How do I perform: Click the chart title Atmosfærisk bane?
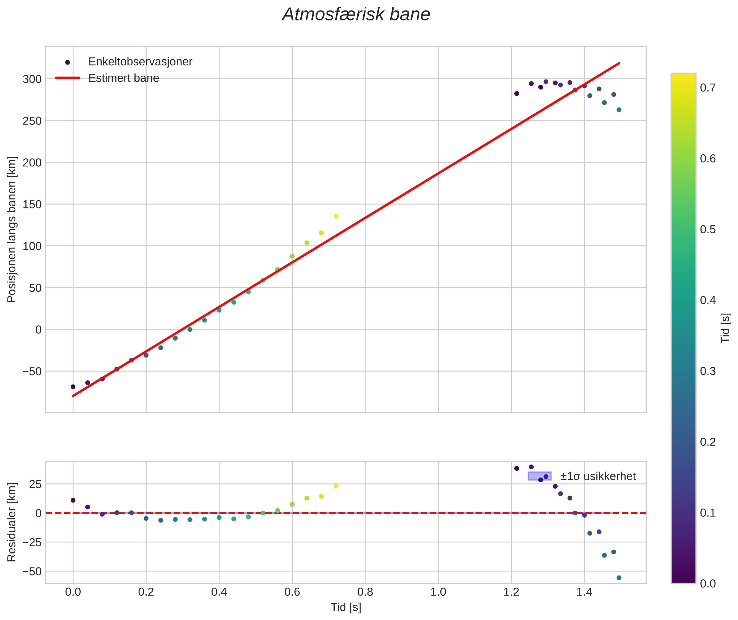356,15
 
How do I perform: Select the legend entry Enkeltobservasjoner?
140,62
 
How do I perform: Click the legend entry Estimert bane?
123,78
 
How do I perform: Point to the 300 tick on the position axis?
32,79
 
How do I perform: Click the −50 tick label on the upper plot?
32,372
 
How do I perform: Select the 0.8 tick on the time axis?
365,592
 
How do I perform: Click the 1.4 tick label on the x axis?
584,592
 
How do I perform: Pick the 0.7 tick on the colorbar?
707,88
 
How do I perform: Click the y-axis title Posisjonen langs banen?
12,229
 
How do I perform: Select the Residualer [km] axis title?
12,522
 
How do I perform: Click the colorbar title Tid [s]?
725,328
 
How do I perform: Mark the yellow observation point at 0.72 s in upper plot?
336,216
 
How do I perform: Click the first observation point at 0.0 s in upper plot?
73,387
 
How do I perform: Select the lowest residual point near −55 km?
619,577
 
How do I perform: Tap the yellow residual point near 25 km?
336,486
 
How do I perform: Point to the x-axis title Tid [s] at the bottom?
346,607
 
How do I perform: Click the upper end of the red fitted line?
619,63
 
